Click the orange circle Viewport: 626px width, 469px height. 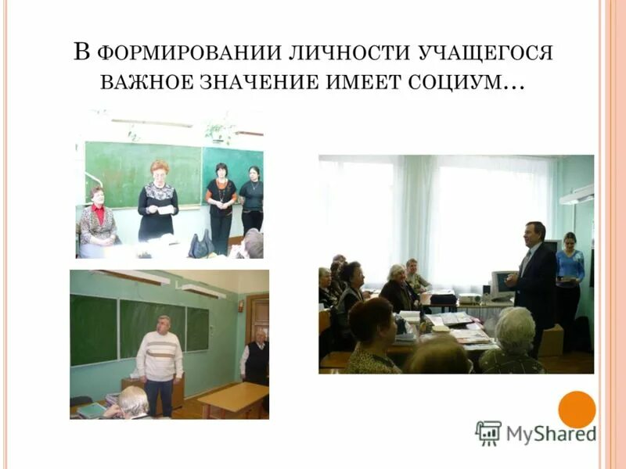click(577, 410)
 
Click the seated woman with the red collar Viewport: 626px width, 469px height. click(98, 222)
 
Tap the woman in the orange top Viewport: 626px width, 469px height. click(221, 205)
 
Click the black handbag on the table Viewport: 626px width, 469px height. click(201, 245)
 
